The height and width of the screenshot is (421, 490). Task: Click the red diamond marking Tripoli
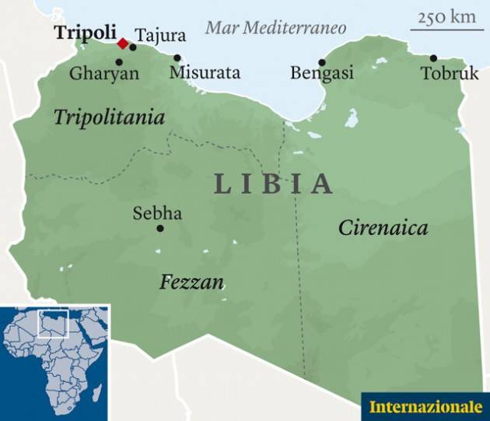click(x=122, y=43)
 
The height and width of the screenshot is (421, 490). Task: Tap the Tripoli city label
click(x=82, y=33)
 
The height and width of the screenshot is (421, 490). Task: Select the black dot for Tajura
click(x=133, y=47)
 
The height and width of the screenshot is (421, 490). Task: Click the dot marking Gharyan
click(x=119, y=61)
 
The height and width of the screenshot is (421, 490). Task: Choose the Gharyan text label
click(x=103, y=74)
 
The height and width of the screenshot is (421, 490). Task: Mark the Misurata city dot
click(x=177, y=58)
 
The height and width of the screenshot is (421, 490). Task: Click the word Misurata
click(x=205, y=73)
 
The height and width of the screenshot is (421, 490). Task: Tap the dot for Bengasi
click(x=321, y=61)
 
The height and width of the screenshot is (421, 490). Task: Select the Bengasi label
click(x=321, y=73)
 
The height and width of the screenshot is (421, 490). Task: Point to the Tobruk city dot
click(x=433, y=58)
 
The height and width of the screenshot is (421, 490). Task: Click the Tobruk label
click(x=450, y=73)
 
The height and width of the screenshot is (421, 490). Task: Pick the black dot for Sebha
click(x=160, y=228)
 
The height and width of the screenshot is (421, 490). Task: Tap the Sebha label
click(x=157, y=212)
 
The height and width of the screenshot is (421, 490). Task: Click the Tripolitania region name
click(x=109, y=118)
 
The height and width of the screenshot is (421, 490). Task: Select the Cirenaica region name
click(x=383, y=228)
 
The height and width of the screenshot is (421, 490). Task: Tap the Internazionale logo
click(x=425, y=406)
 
